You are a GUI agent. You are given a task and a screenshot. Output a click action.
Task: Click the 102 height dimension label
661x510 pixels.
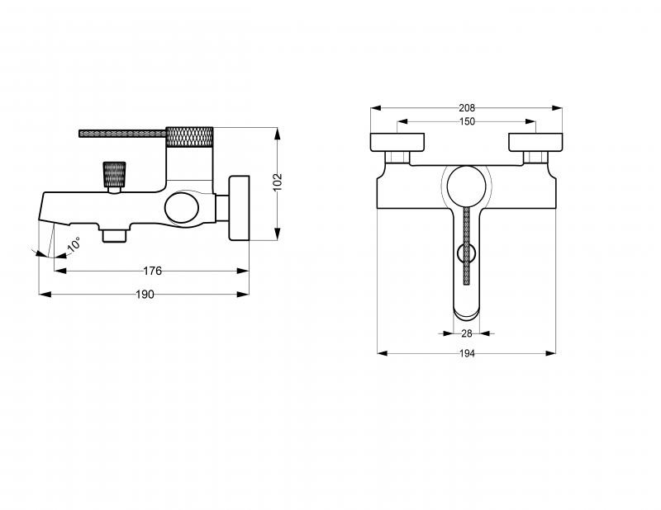pos(278,182)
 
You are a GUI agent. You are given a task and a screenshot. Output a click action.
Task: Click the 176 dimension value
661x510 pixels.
pos(152,271)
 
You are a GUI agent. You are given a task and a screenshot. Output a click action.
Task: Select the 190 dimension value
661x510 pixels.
pos(145,295)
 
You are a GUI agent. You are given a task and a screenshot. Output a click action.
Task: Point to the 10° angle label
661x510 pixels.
pos(74,244)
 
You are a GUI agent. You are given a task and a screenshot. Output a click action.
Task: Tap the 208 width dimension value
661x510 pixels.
pos(467,108)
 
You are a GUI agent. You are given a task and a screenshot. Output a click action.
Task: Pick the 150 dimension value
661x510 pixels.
pos(467,121)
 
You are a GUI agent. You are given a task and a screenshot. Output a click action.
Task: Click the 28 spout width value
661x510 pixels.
pos(467,333)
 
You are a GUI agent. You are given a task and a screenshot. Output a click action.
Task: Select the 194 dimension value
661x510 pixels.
pos(467,353)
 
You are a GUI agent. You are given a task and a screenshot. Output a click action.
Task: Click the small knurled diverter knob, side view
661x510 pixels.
pos(115,174)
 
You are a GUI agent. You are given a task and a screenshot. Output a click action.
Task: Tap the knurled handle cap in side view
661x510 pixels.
pos(189,137)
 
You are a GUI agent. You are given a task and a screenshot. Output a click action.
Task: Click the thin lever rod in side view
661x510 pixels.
pos(122,134)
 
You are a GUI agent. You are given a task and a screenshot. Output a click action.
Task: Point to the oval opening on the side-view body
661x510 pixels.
pos(182,207)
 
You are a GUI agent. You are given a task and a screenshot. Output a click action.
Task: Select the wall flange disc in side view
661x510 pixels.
pos(239,208)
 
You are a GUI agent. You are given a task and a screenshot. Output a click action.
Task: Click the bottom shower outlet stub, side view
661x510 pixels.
pos(114,236)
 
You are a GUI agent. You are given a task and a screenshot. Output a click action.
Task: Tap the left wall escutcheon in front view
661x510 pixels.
pos(397,142)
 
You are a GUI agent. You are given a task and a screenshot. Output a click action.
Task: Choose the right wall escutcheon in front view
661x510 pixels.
pos(535,142)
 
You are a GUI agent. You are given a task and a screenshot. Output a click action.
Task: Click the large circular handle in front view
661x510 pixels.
pos(466,187)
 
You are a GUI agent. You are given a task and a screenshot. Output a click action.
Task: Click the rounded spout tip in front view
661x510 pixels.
pos(467,314)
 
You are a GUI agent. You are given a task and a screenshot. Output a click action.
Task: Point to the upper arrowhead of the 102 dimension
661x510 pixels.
pos(277,134)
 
